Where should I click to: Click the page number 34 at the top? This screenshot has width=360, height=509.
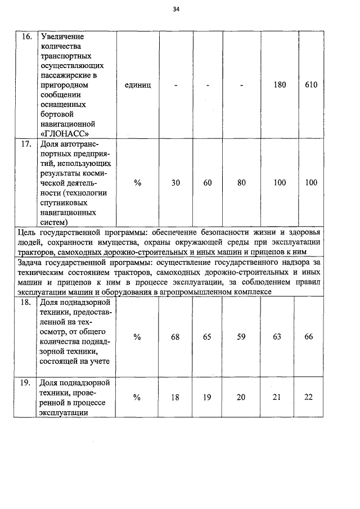point(177,10)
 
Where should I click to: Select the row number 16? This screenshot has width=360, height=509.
point(26,36)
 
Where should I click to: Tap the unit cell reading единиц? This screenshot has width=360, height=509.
point(137,85)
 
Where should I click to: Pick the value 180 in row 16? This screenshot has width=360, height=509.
point(280,85)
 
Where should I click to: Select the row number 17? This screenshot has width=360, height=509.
point(26,143)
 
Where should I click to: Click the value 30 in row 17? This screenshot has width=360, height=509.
point(175,183)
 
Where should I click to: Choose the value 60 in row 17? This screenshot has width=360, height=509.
point(207,183)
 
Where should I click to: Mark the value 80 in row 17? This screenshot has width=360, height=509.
point(241,183)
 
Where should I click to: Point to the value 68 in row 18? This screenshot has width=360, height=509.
point(175,337)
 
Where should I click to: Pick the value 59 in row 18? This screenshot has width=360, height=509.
point(241,337)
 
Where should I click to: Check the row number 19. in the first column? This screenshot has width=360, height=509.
point(26,383)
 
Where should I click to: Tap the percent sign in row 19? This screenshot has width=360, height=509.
point(137,397)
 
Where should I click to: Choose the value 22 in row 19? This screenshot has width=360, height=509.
point(308,397)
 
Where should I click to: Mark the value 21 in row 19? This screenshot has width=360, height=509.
point(276,397)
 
